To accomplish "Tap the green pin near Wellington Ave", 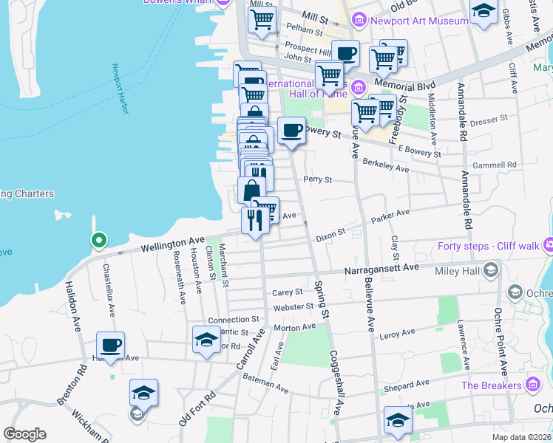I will (x=98, y=241).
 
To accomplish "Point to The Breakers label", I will (x=491, y=385).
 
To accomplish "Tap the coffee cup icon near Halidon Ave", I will (x=110, y=346).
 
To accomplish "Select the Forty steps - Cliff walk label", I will (x=487, y=246).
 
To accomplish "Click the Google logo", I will (x=24, y=434).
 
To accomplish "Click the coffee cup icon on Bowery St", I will (x=291, y=131).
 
